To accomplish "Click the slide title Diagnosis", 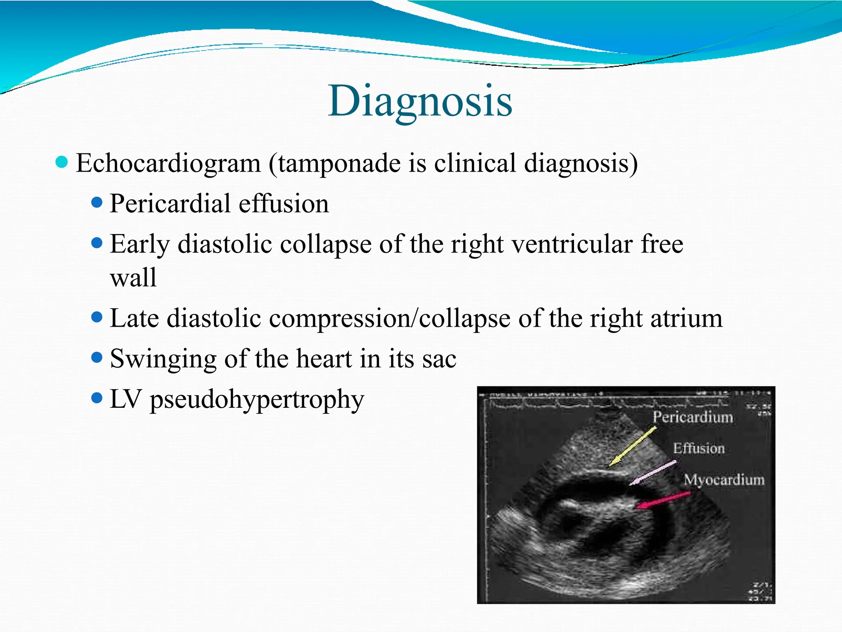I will point(420,101).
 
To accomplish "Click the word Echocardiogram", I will point(168,163).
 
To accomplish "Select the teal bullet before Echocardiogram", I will point(61,162).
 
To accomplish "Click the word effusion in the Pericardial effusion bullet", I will point(284,204).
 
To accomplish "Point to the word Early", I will point(139,244).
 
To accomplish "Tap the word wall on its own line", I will point(133,277).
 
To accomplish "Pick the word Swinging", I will point(163,359).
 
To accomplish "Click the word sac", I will point(439,359).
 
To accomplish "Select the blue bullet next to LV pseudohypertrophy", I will point(97,398).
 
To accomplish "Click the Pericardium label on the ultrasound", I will point(693,417).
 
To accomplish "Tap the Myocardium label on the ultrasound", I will point(724,480).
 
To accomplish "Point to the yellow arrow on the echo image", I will point(633,447).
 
